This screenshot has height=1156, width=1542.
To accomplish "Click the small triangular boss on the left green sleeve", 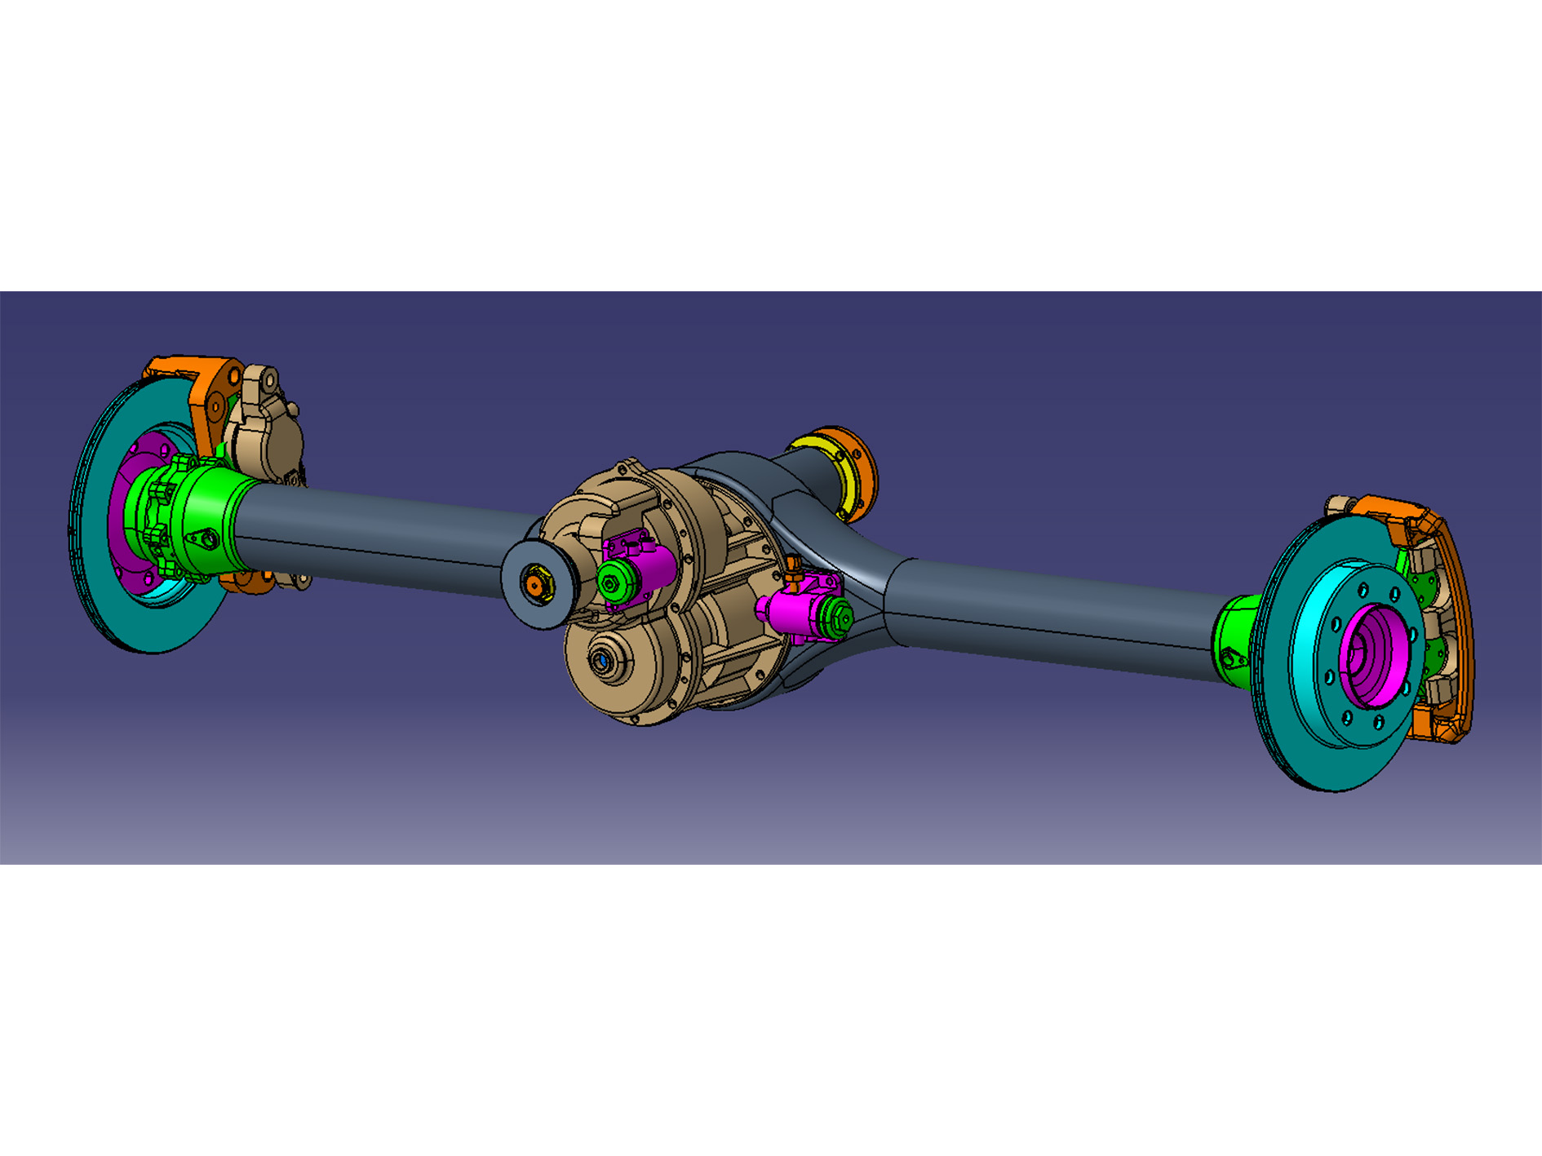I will click(x=204, y=539).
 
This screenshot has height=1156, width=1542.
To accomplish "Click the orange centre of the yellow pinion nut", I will click(x=534, y=584).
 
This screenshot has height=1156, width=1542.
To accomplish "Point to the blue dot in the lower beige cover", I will click(x=601, y=660).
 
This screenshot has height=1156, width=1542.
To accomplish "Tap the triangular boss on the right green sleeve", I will click(x=1230, y=657).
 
